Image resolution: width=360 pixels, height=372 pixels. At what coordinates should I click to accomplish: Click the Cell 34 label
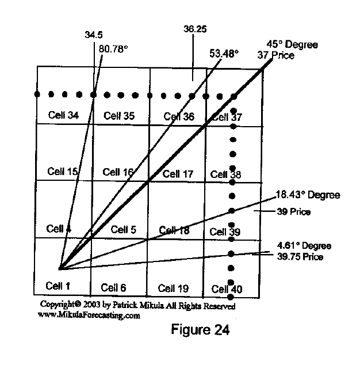click(x=64, y=115)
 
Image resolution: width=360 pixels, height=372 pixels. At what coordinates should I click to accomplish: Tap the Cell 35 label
click(x=119, y=116)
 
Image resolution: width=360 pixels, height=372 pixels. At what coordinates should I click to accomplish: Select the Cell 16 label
click(x=118, y=172)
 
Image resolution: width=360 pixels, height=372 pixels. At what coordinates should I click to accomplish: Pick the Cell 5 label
click(x=123, y=230)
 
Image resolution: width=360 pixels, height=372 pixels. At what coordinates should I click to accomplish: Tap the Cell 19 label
click(x=174, y=288)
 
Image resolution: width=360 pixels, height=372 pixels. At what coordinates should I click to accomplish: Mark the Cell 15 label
click(x=63, y=172)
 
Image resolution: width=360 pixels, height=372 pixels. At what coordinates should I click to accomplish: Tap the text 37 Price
click(x=276, y=55)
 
